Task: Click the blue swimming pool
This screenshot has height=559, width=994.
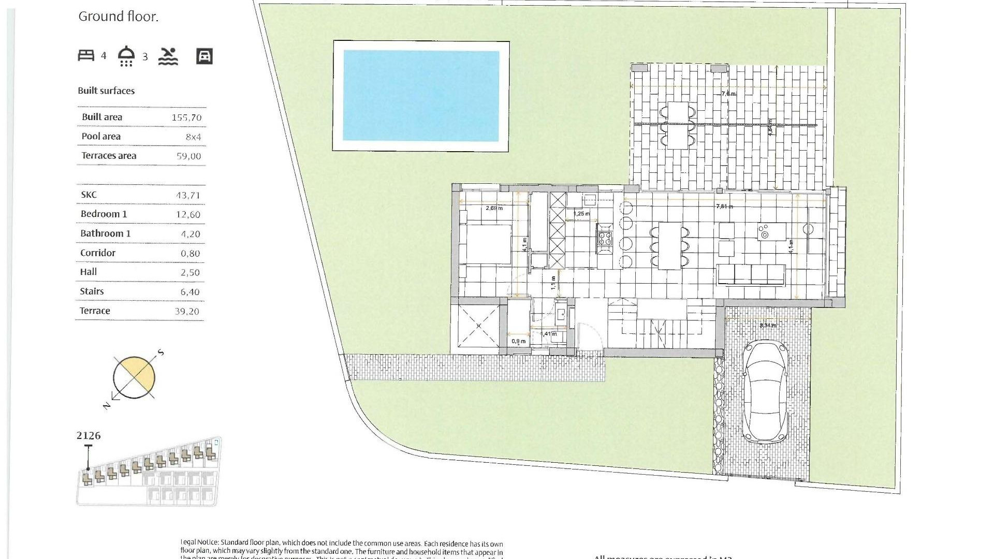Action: coord(421,96)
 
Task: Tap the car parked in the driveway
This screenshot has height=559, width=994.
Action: coord(765,392)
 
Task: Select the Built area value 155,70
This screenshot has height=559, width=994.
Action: coord(186,117)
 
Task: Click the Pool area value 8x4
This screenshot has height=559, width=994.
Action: coord(193,137)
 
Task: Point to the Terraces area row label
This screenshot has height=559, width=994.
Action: coord(109,156)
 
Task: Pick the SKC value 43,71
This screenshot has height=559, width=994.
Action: coord(187,196)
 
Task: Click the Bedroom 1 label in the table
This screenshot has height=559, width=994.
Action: coord(104,214)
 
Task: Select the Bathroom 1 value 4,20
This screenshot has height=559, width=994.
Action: coord(190,234)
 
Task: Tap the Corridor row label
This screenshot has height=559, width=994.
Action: coord(98,253)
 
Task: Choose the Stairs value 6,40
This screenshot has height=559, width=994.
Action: coord(189,292)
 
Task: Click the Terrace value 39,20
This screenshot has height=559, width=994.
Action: coord(186,311)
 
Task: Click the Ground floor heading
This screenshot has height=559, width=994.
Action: coord(119,17)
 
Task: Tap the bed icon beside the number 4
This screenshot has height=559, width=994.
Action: coord(86,55)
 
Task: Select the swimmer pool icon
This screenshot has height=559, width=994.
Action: coord(168,56)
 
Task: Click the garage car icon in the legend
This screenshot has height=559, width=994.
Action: coord(204,56)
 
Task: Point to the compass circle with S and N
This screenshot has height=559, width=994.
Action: coord(134,378)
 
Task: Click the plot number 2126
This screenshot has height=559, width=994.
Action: coord(89,436)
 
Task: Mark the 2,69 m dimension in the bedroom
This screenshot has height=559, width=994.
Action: coord(494,208)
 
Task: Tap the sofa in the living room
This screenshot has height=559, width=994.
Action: coord(751,274)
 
